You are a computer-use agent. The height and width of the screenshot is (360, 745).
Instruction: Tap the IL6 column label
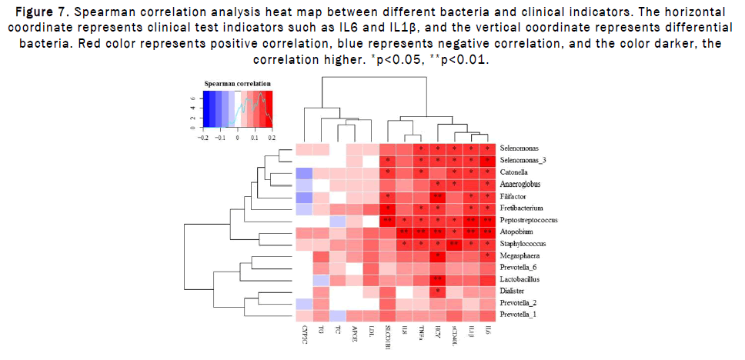(x=487, y=333)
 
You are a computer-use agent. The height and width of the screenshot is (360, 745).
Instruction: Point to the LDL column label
(x=371, y=335)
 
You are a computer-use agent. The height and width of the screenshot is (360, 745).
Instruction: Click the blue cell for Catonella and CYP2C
(x=303, y=172)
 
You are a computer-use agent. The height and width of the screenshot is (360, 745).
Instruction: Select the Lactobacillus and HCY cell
(x=436, y=278)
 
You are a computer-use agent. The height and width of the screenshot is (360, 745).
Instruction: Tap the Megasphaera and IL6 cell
(x=488, y=255)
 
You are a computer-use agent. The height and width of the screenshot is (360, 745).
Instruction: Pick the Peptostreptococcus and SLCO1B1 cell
(x=387, y=219)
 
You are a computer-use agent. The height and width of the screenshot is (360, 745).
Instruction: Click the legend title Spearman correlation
(x=236, y=82)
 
